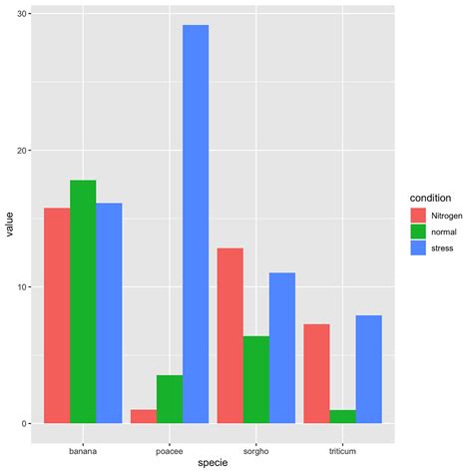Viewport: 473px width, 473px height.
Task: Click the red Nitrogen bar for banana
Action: tap(57, 315)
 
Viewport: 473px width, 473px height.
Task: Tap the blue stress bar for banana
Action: tap(109, 313)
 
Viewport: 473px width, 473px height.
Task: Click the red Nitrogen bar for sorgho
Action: tap(231, 335)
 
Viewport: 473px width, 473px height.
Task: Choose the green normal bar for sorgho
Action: tap(256, 379)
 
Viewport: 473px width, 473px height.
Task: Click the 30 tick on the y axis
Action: tap(22, 14)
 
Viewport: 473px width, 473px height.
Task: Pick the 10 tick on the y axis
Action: tap(22, 287)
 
